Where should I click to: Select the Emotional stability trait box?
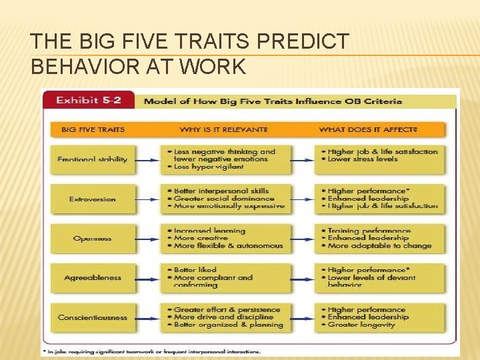93,159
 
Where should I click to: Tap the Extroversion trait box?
93,199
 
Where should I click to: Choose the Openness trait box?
93,238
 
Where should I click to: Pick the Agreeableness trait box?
93,277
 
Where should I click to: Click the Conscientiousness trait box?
93,317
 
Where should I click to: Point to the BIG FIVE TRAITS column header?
93,129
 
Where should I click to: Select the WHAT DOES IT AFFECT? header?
368,129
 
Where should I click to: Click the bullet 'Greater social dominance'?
224,199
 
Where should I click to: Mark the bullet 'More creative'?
200,238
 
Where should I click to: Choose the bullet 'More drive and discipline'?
223,317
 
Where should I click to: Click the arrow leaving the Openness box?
147,238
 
